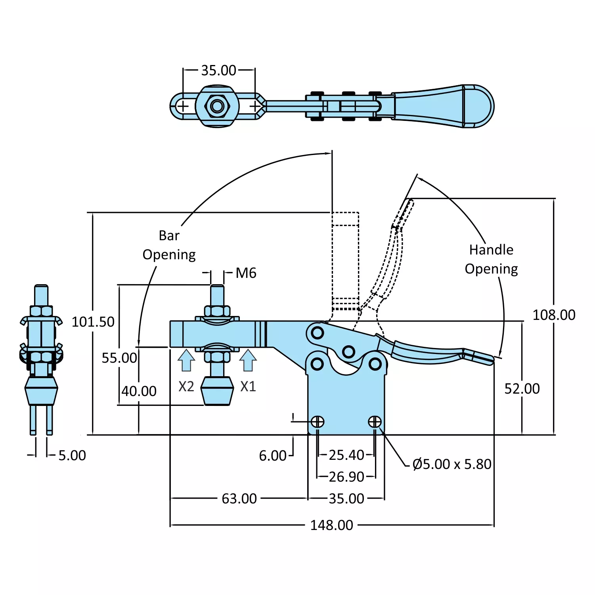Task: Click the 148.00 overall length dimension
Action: tap(331, 525)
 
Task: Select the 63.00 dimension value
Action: tap(239, 499)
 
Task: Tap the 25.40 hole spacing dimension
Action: tap(346, 455)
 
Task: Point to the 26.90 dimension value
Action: tap(346, 477)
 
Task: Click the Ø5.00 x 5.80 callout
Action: tap(452, 464)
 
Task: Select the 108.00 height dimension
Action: tap(553, 315)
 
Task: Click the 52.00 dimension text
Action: tap(522, 389)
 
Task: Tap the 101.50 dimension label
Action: tap(93, 322)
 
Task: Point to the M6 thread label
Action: tap(246, 273)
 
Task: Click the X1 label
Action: tap(248, 386)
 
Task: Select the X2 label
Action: tap(186, 386)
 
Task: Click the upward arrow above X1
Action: tap(248, 360)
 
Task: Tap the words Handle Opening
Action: tap(491, 259)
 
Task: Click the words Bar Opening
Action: tap(169, 245)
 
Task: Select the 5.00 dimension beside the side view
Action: tap(72, 455)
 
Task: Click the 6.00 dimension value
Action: tap(272, 456)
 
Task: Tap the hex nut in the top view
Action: tap(217, 106)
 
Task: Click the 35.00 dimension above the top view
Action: tap(218, 71)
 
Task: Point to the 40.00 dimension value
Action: tap(139, 391)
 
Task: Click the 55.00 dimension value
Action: tap(119, 358)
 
